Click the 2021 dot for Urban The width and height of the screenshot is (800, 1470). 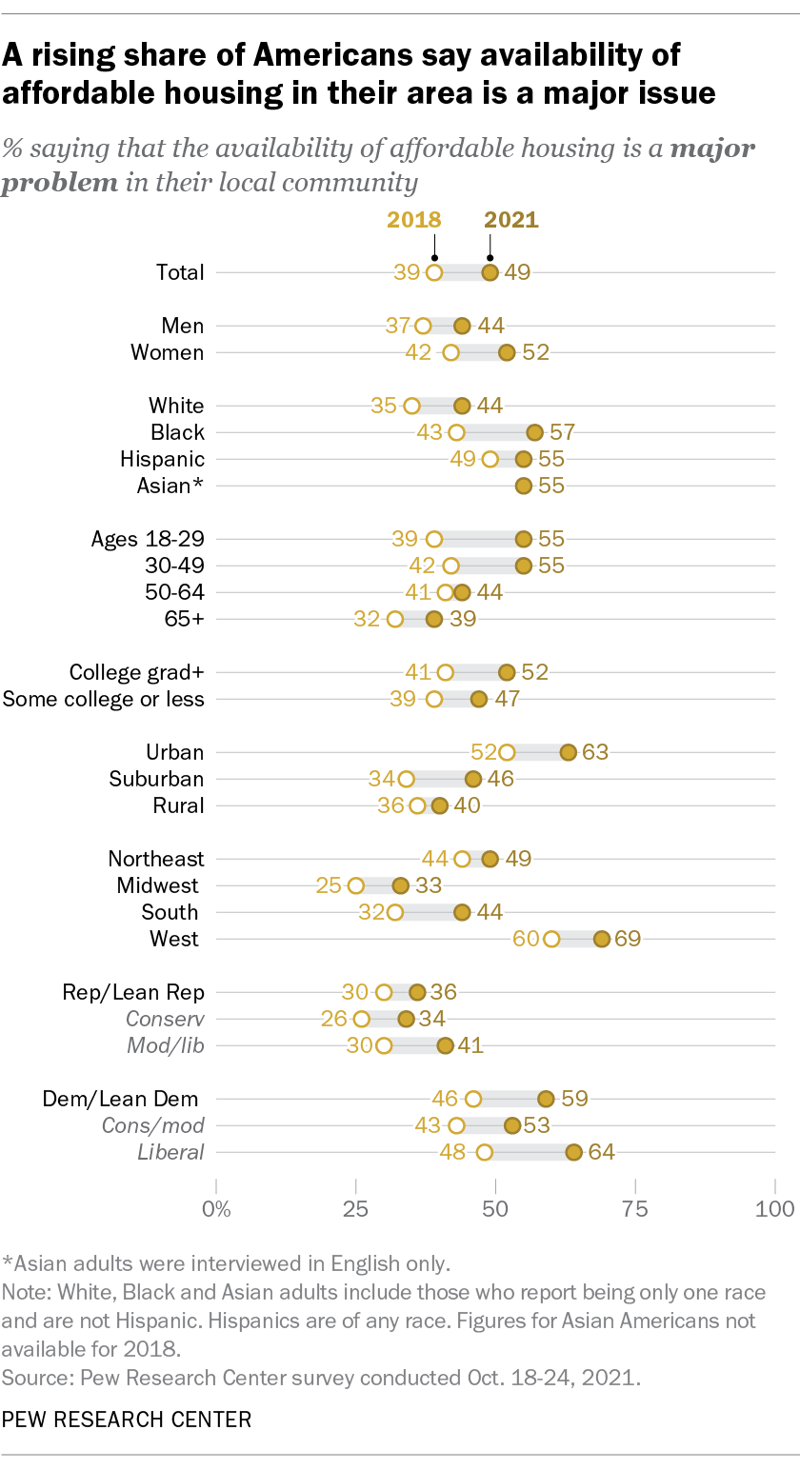pos(569,752)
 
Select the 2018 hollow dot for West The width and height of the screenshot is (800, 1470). pos(551,939)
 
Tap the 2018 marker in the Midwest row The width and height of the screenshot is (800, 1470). pos(356,885)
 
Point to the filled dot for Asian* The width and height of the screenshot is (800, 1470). pos(523,486)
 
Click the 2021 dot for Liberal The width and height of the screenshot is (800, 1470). pos(573,1152)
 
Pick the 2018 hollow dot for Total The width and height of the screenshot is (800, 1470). pos(434,272)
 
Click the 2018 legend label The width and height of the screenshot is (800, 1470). pos(413,220)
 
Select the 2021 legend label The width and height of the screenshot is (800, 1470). pos(511,220)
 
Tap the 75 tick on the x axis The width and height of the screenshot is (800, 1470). pos(635,1209)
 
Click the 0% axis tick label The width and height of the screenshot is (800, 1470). pos(217,1209)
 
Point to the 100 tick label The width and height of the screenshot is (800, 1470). pos(774,1209)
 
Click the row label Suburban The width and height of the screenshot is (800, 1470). pos(156,779)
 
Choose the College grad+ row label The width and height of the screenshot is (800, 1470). pos(137,672)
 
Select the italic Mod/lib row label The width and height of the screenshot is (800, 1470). pos(166,1045)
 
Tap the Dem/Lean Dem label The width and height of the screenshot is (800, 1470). pos(124,1099)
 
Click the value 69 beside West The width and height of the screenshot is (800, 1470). pos(628,939)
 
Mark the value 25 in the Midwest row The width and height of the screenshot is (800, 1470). pos(329,885)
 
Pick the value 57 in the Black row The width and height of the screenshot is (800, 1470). pos(563,432)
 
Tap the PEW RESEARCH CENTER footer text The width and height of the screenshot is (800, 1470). pos(127,1420)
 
